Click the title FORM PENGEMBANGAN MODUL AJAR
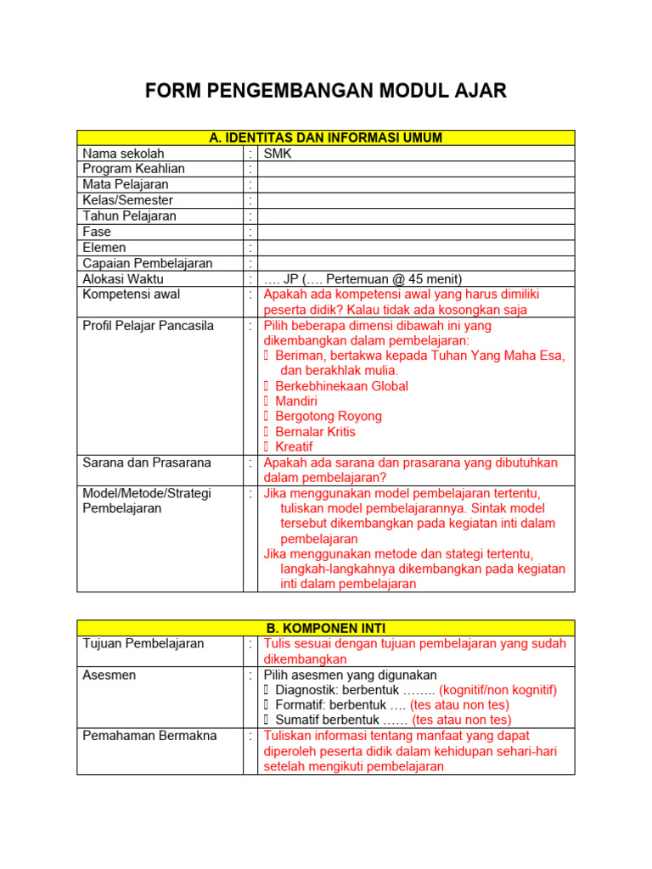(x=326, y=91)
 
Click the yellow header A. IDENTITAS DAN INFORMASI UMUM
(x=326, y=138)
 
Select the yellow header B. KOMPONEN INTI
(x=326, y=629)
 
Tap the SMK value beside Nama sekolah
(x=278, y=154)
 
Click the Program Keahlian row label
(x=133, y=169)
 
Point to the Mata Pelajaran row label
(x=125, y=184)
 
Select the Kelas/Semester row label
(x=127, y=200)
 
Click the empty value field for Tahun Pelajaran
(x=416, y=216)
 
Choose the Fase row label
(x=97, y=232)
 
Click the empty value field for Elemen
(x=416, y=248)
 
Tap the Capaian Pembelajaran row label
(x=147, y=263)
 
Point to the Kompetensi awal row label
(x=131, y=294)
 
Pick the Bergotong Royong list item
(x=329, y=417)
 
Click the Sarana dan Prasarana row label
(x=146, y=463)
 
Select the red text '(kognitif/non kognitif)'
(x=497, y=690)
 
